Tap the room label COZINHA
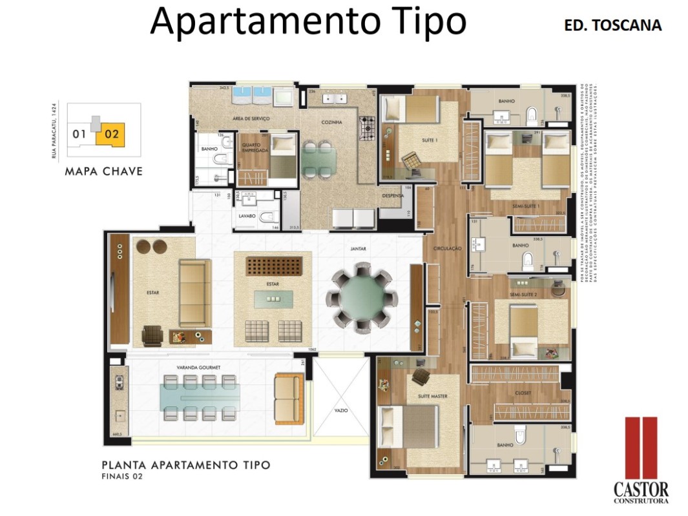pyautogui.click(x=330, y=122)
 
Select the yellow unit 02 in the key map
pyautogui.click(x=110, y=134)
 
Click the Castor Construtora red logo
pyautogui.click(x=641, y=448)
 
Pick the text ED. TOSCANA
pyautogui.click(x=613, y=26)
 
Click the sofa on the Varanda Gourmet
pyautogui.click(x=288, y=398)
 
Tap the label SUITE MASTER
pyautogui.click(x=433, y=395)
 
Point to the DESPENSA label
pyautogui.click(x=393, y=196)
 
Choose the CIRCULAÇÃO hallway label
pyautogui.click(x=446, y=248)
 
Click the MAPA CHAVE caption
pyautogui.click(x=103, y=172)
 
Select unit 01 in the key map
pyautogui.click(x=79, y=134)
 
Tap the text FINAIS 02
pyautogui.click(x=122, y=477)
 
